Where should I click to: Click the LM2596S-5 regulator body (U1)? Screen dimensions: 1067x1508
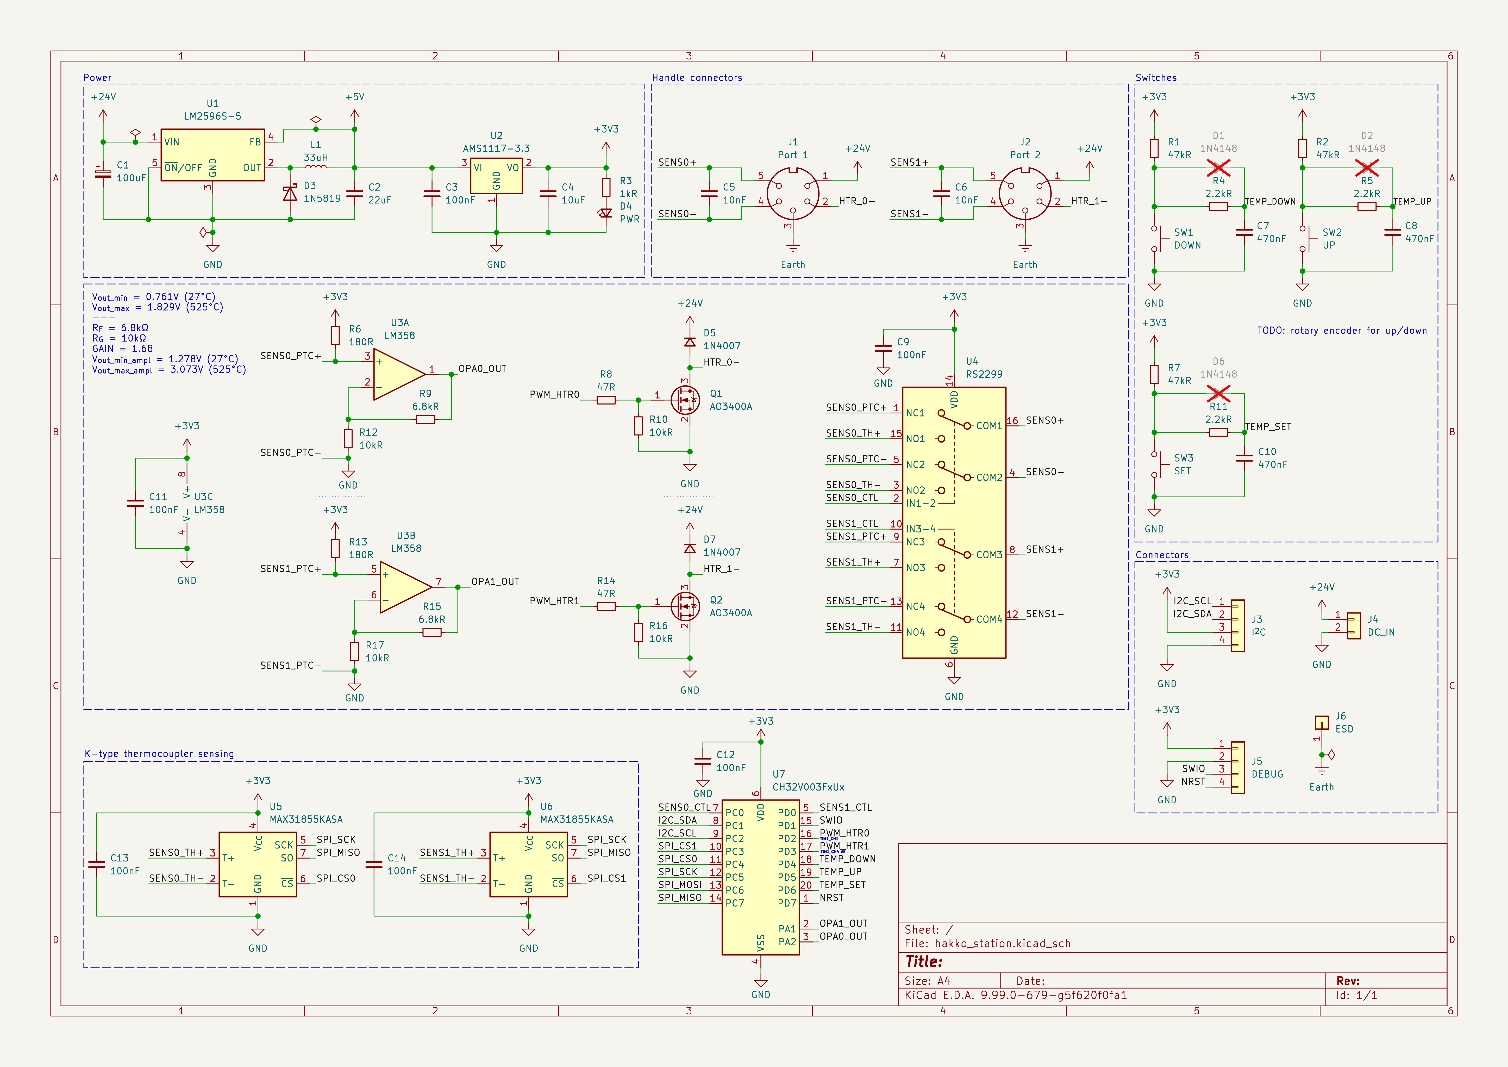click(212, 155)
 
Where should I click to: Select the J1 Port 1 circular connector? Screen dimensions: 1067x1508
click(793, 194)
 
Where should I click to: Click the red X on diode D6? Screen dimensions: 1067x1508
click(1218, 394)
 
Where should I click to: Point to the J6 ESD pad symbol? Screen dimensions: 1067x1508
click(1322, 723)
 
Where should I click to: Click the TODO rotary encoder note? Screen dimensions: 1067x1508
click(1342, 331)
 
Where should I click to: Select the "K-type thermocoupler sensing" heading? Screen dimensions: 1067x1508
click(159, 754)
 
